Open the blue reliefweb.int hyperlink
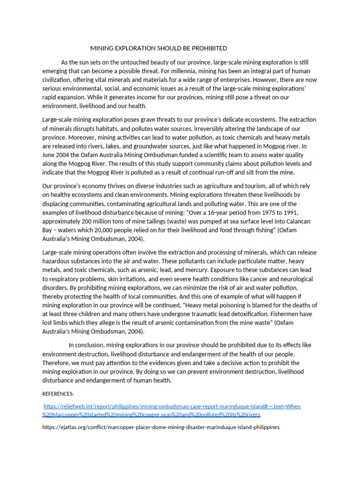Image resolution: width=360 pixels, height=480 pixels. [172, 406]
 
